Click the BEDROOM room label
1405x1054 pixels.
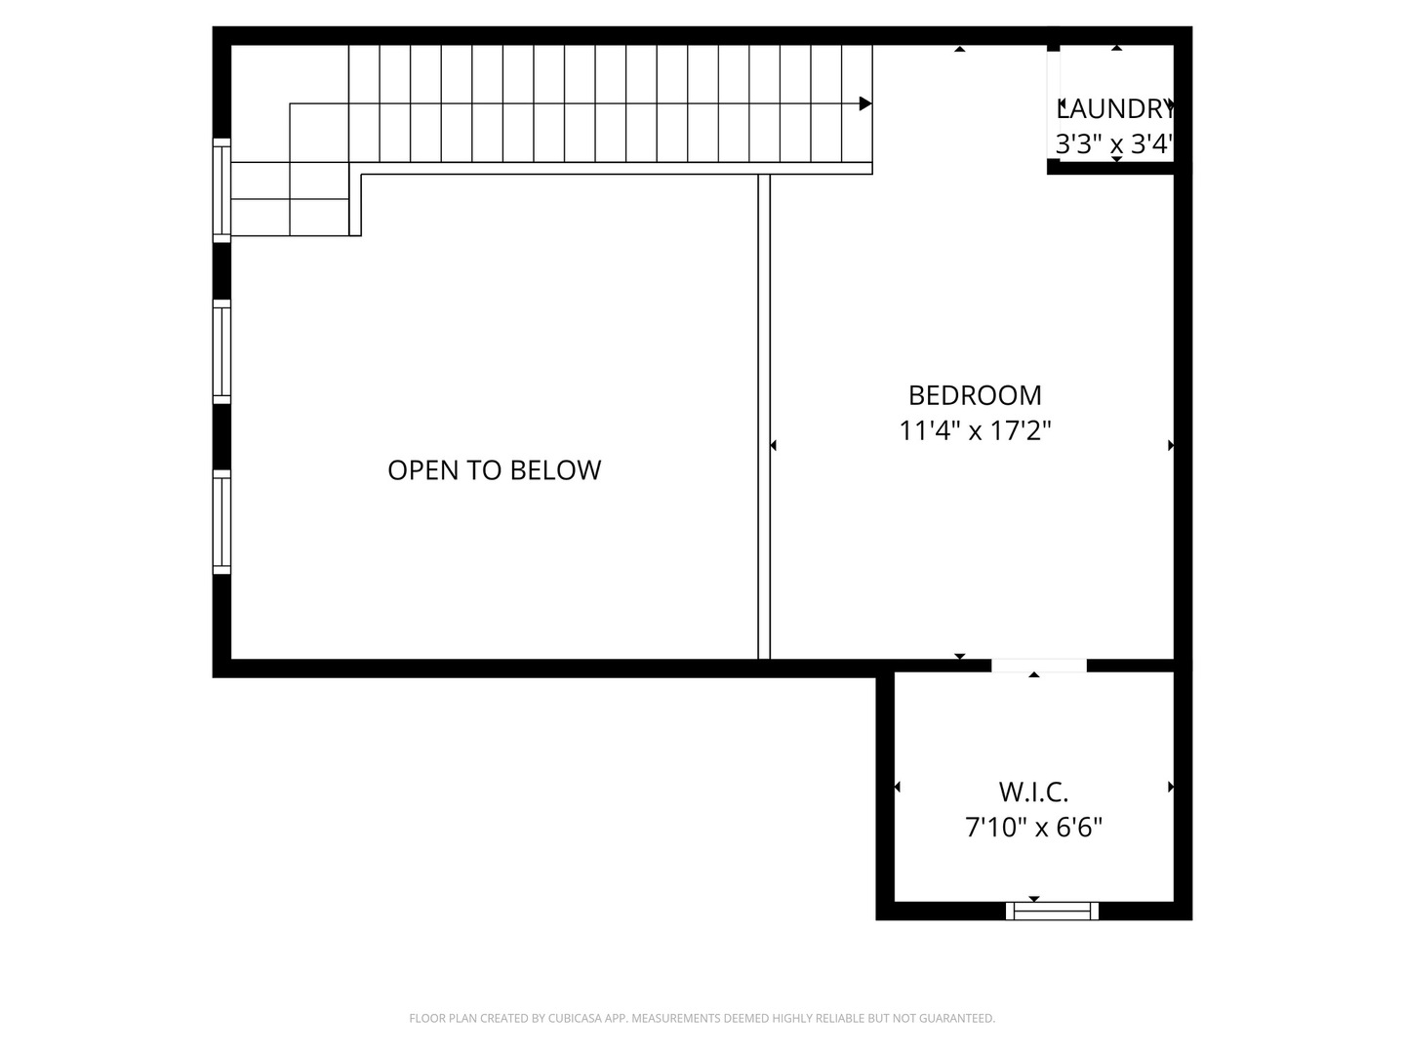point(975,395)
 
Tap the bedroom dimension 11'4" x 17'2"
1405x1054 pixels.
point(975,430)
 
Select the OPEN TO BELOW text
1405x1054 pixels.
point(494,470)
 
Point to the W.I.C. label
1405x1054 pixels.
point(1033,791)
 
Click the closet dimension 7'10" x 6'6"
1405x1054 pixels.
point(1033,828)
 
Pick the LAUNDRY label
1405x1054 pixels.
point(1114,108)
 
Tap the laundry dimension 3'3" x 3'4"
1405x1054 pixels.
point(1114,145)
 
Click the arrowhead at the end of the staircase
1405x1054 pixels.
point(864,103)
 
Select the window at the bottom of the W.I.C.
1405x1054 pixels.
point(1052,911)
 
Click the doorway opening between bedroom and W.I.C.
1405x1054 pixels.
point(1038,666)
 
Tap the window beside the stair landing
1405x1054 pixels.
point(221,189)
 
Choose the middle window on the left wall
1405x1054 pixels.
point(221,351)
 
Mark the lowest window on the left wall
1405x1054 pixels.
point(221,521)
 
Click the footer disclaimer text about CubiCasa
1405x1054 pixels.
point(702,1018)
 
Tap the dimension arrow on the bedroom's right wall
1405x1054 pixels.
point(1171,446)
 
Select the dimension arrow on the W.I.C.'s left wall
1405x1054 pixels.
point(897,787)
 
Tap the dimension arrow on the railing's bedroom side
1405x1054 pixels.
point(774,446)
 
